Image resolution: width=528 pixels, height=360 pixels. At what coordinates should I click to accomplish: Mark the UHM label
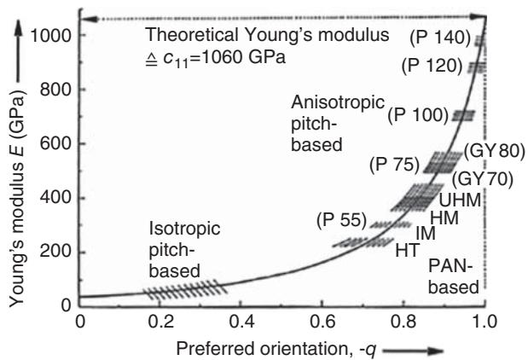[x=458, y=198]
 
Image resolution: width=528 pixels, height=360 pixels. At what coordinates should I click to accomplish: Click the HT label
[x=406, y=251]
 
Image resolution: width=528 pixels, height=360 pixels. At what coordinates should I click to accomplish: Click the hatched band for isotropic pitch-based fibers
[x=185, y=290]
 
